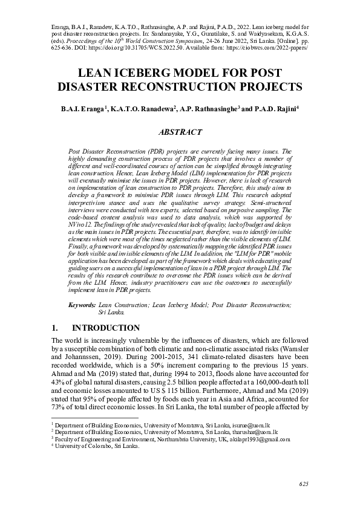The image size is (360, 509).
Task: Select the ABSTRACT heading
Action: tap(180, 131)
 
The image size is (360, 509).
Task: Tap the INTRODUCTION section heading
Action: tap(106, 328)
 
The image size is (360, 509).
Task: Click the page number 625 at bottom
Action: tap(303, 485)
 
